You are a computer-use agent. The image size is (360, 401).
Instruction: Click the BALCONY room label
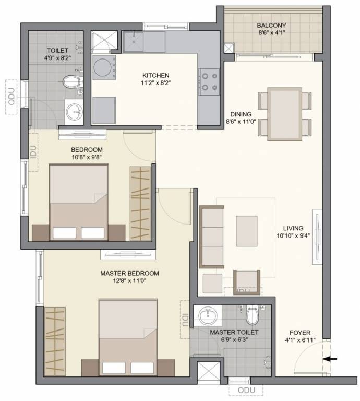(x=270, y=26)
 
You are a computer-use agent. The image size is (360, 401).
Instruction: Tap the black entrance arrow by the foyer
(x=330, y=359)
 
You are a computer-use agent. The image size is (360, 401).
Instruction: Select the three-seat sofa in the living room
(x=211, y=236)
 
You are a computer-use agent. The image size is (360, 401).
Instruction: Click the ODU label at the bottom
(x=245, y=391)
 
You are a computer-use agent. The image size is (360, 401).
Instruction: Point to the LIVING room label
(x=293, y=228)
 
